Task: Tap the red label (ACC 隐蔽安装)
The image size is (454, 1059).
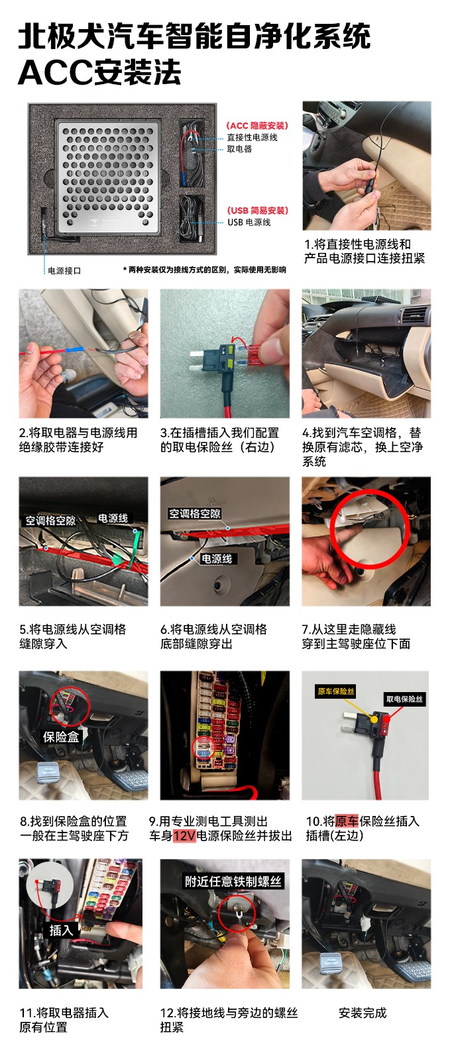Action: pos(257,125)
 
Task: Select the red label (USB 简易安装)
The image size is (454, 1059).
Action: pos(257,211)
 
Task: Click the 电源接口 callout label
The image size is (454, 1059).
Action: pos(64,271)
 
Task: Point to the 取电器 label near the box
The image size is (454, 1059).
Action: pos(239,149)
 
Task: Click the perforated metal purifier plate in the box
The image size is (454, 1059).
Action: pos(108,176)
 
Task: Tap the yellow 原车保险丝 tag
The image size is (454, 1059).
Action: pos(336,691)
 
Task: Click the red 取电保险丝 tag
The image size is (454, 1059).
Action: pos(404,699)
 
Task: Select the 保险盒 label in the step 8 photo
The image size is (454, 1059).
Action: pos(61,736)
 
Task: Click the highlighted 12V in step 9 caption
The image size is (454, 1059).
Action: pos(184,836)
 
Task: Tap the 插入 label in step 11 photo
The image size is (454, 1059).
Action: pos(61,931)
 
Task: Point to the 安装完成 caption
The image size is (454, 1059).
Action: pos(362,1013)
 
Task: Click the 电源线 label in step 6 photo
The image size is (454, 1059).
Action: pos(217,558)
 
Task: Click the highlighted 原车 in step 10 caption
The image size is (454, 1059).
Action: pos(347,821)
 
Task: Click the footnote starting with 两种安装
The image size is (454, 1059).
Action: pos(205,270)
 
